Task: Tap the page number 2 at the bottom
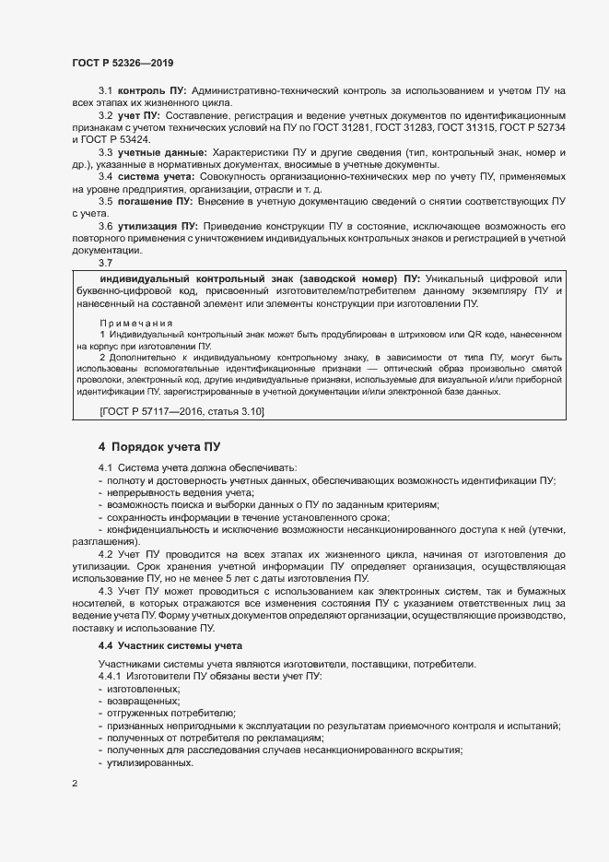tap(75, 784)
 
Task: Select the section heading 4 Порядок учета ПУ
tap(158, 447)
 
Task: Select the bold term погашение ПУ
tap(154, 200)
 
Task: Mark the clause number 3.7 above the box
tap(106, 263)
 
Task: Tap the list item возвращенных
tap(143, 702)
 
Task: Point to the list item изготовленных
tap(144, 690)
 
